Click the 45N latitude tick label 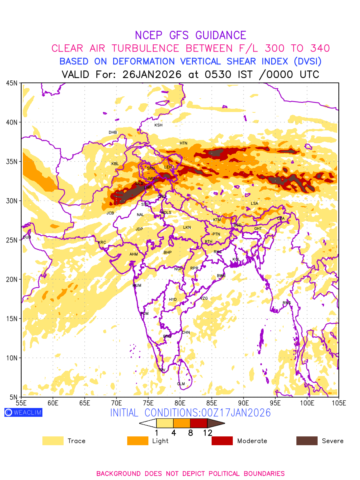[x=12, y=83]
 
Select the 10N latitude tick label [x=12, y=358]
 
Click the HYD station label [x=173, y=300]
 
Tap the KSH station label [x=158, y=125]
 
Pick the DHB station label [x=113, y=132]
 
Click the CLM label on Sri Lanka [x=181, y=384]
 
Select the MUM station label [x=137, y=286]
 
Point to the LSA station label [x=254, y=204]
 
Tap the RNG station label [x=287, y=303]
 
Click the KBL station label [x=115, y=164]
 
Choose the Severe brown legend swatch [x=307, y=441]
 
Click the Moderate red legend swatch [x=222, y=441]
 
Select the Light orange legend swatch [x=138, y=441]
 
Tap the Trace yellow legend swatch [x=53, y=441]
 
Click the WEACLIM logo [x=23, y=412]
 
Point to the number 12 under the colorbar [x=207, y=433]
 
